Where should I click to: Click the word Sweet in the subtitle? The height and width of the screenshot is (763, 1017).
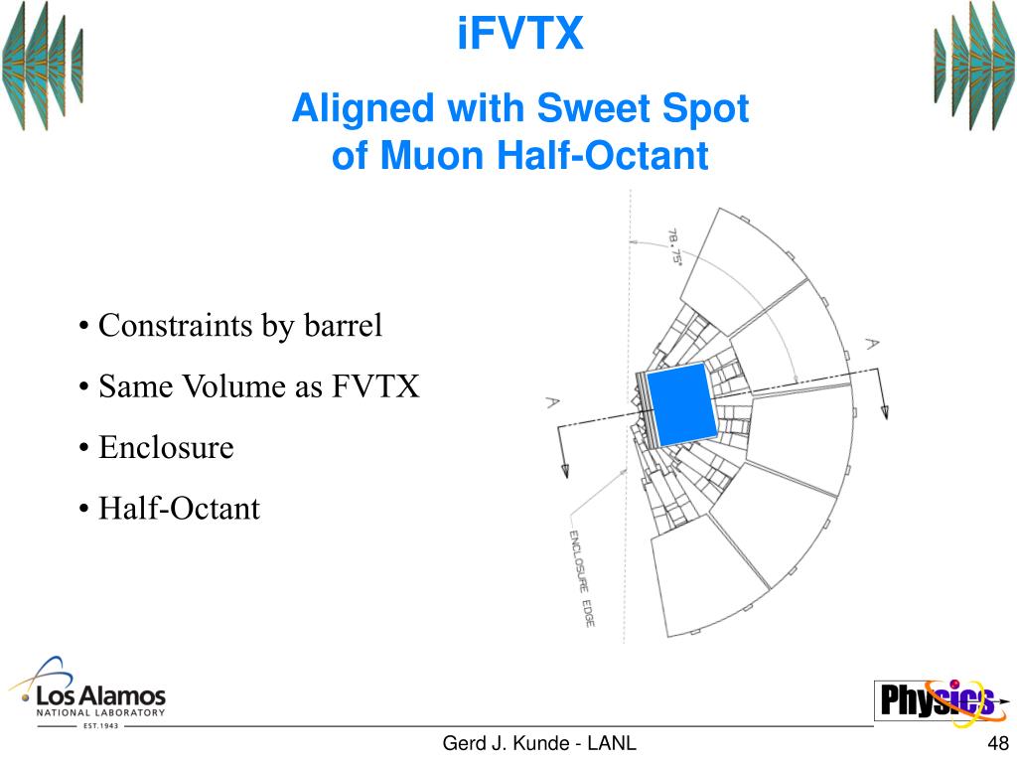[592, 108]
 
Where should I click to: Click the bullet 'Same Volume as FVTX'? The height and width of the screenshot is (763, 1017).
[258, 386]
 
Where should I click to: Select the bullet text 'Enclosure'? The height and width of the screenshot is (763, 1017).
[166, 448]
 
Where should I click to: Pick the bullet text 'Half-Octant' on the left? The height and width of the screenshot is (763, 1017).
[179, 510]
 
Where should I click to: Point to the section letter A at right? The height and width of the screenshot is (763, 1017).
[871, 344]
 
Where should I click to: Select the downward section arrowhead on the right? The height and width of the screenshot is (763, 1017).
[883, 411]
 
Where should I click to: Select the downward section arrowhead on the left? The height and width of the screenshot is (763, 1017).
[562, 470]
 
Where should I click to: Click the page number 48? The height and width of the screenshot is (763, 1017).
[998, 744]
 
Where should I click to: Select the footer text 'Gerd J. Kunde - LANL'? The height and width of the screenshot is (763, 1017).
[539, 744]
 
